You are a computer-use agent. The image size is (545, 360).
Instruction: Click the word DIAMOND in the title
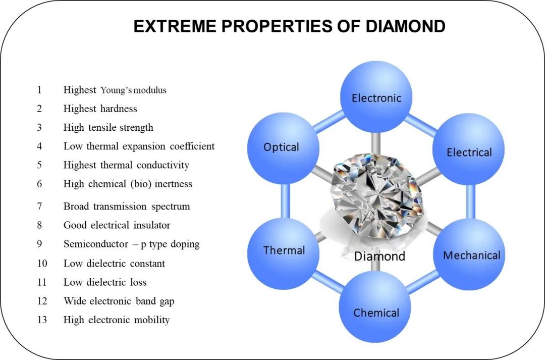coord(405,26)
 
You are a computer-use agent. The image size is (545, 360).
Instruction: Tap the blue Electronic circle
coord(376,97)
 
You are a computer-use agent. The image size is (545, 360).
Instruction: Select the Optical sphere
coord(283,148)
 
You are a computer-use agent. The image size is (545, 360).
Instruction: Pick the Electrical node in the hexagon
coord(468,149)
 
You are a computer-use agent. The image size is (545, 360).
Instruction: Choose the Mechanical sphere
coord(469,254)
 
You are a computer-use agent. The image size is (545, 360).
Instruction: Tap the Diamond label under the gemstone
coord(379,256)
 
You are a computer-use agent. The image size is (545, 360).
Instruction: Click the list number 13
coord(42,320)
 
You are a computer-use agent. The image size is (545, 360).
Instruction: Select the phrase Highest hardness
coord(100,109)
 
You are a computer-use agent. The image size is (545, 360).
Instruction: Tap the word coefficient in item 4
coord(192,146)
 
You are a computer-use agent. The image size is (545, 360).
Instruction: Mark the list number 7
coord(40,207)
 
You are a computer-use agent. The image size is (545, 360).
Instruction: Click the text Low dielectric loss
coord(105,282)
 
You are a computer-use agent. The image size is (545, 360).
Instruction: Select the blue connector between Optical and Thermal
coord(285,200)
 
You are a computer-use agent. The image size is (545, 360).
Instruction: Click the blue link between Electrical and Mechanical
coord(471,202)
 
